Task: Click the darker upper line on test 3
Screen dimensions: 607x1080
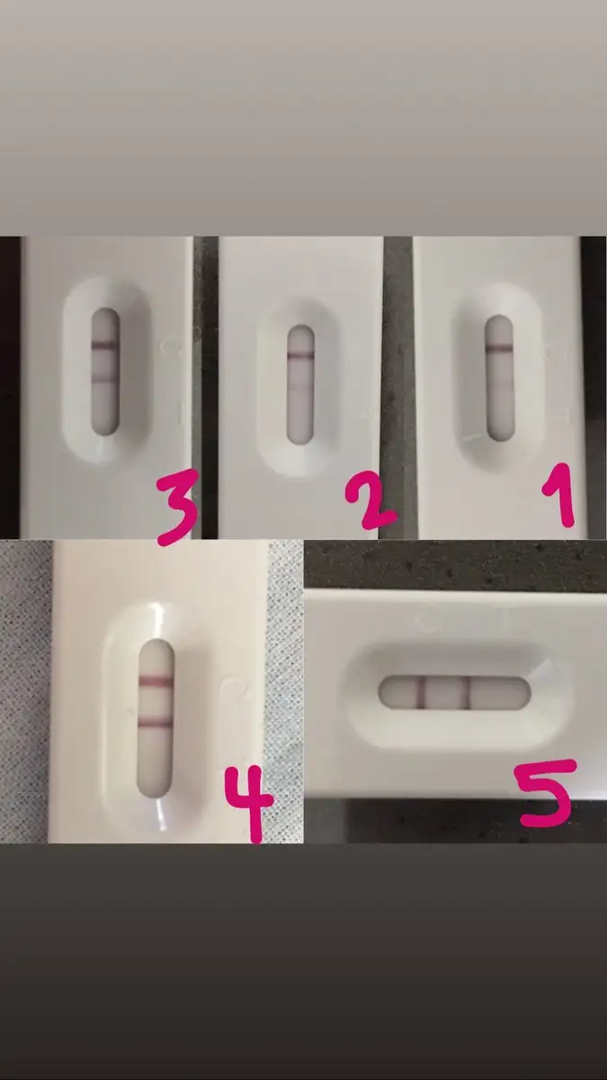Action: coord(104,346)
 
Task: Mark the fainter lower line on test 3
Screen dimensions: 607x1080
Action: coord(104,380)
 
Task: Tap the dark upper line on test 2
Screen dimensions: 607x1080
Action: coord(301,357)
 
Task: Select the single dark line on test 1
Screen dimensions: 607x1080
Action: coord(498,347)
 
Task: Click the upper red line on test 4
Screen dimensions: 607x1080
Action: coord(155,681)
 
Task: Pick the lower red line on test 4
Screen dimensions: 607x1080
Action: coord(155,722)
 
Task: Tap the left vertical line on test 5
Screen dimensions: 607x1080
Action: coord(421,693)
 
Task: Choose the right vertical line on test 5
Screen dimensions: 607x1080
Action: coord(467,693)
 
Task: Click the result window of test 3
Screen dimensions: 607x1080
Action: coord(104,372)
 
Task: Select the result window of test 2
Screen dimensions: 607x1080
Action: coord(301,384)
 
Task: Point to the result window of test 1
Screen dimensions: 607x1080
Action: coord(498,377)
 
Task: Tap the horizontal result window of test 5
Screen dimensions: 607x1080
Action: coord(455,693)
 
